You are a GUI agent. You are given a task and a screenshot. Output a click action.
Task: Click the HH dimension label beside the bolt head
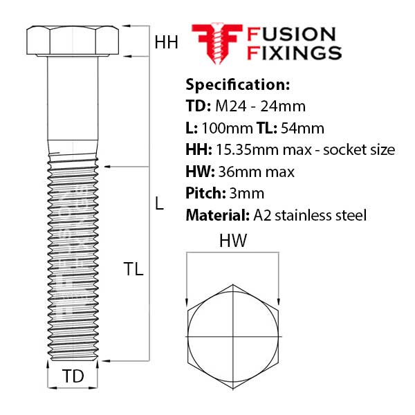pyautogui.click(x=166, y=42)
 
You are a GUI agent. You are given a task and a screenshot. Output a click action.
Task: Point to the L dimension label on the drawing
pyautogui.click(x=159, y=203)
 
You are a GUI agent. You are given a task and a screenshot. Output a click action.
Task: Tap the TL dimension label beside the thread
pyautogui.click(x=133, y=270)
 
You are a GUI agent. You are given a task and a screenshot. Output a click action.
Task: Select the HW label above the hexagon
pyautogui.click(x=232, y=241)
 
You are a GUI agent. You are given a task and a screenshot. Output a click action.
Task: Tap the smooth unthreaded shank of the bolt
pyautogui.click(x=73, y=104)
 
